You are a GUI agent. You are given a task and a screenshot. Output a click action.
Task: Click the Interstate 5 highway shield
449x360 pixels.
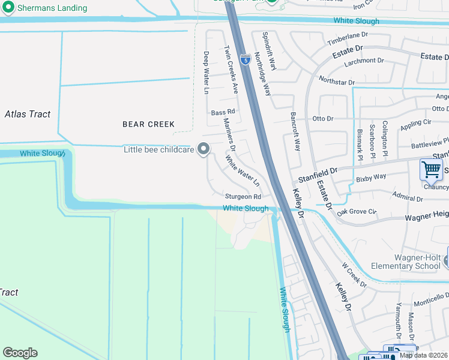tap(245, 59)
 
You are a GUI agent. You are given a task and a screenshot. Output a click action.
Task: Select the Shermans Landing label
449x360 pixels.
tap(52, 8)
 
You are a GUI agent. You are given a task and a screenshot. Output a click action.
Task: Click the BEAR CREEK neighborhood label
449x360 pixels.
tap(148, 124)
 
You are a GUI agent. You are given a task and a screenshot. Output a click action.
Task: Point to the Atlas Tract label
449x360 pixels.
tap(28, 114)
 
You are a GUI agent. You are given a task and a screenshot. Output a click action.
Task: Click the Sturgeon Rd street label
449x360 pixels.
tap(243, 196)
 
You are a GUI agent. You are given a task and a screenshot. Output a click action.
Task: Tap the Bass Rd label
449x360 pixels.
tap(223, 112)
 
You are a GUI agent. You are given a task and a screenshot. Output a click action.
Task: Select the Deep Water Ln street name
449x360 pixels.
tap(206, 73)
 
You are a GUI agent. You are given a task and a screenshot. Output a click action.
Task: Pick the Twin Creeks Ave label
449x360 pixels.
tap(231, 70)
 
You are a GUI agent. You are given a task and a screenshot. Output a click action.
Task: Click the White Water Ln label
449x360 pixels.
tap(243, 171)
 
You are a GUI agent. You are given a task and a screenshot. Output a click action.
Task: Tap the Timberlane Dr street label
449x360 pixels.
tap(347, 40)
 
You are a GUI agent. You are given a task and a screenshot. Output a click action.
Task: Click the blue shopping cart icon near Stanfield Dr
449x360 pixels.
tap(431, 170)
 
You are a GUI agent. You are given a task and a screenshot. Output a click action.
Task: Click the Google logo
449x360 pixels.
tap(20, 353)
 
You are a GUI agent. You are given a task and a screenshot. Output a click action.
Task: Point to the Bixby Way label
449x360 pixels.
tap(371, 178)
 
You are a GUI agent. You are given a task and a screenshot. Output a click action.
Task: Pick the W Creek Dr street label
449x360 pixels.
tap(354, 274)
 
